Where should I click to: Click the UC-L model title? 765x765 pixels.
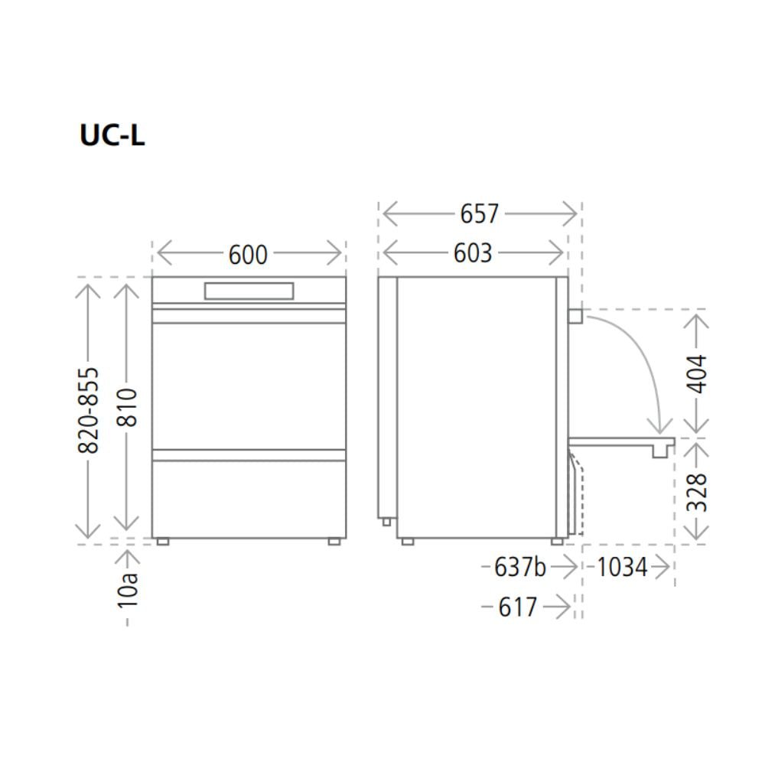click(x=112, y=135)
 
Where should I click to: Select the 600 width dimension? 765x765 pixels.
click(x=249, y=254)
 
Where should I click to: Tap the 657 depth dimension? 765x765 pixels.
click(x=480, y=213)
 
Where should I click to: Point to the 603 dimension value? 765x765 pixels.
click(x=473, y=253)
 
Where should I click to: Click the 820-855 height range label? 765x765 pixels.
click(x=88, y=410)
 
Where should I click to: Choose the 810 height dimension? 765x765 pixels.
click(x=127, y=408)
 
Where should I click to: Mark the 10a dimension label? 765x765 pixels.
click(x=127, y=590)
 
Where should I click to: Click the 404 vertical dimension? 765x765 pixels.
click(x=696, y=374)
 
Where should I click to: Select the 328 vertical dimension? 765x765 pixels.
click(x=696, y=492)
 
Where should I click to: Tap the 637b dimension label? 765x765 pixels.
click(x=520, y=567)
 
